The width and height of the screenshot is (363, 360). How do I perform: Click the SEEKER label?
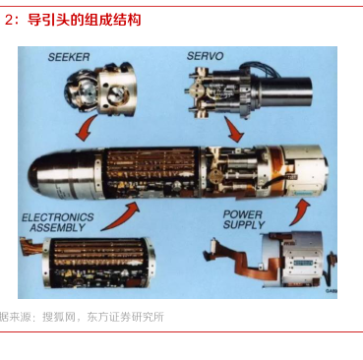69,57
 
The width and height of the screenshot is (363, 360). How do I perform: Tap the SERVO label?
205,56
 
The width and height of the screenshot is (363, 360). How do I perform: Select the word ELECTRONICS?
58,217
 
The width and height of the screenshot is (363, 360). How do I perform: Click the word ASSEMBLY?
58,227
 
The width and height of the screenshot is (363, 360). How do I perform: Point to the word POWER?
243,214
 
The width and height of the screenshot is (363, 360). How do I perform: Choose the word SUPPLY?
244,225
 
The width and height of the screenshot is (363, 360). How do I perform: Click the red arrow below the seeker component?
86,129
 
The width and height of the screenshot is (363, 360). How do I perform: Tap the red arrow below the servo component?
233,130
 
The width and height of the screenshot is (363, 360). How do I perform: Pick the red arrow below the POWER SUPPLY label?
299,213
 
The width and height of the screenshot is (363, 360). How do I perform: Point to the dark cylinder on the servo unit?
286,91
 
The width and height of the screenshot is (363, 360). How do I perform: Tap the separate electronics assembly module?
95,264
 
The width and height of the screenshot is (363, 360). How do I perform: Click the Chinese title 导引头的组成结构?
84,20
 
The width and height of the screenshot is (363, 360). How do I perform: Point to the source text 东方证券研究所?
125,317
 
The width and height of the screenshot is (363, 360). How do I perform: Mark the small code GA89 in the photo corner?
332,291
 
